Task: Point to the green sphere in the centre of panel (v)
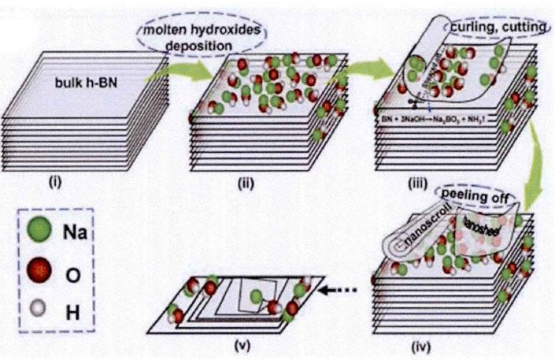point(257,296)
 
